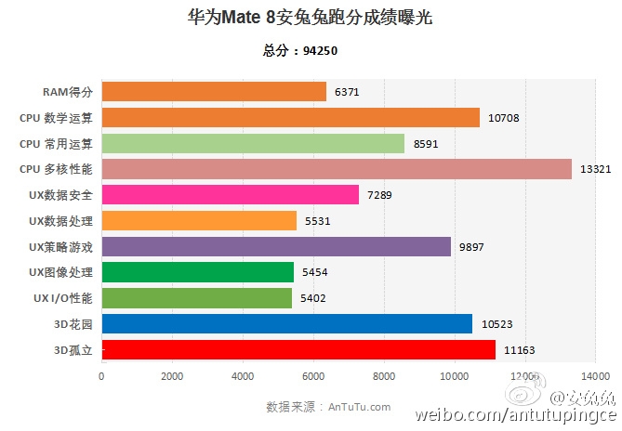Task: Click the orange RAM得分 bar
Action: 214,91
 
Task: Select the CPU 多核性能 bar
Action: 337,169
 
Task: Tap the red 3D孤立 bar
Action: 298,349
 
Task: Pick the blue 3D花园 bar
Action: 287,323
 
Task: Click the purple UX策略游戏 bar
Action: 276,246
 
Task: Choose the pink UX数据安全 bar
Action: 230,194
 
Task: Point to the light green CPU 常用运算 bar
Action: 253,143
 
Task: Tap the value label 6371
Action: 347,92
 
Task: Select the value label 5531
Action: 317,221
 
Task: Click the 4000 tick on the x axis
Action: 243,376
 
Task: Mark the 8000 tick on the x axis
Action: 384,376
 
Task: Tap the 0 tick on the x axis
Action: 101,376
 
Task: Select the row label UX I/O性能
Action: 62,298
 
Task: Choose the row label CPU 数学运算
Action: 56,118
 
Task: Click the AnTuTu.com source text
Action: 359,407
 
